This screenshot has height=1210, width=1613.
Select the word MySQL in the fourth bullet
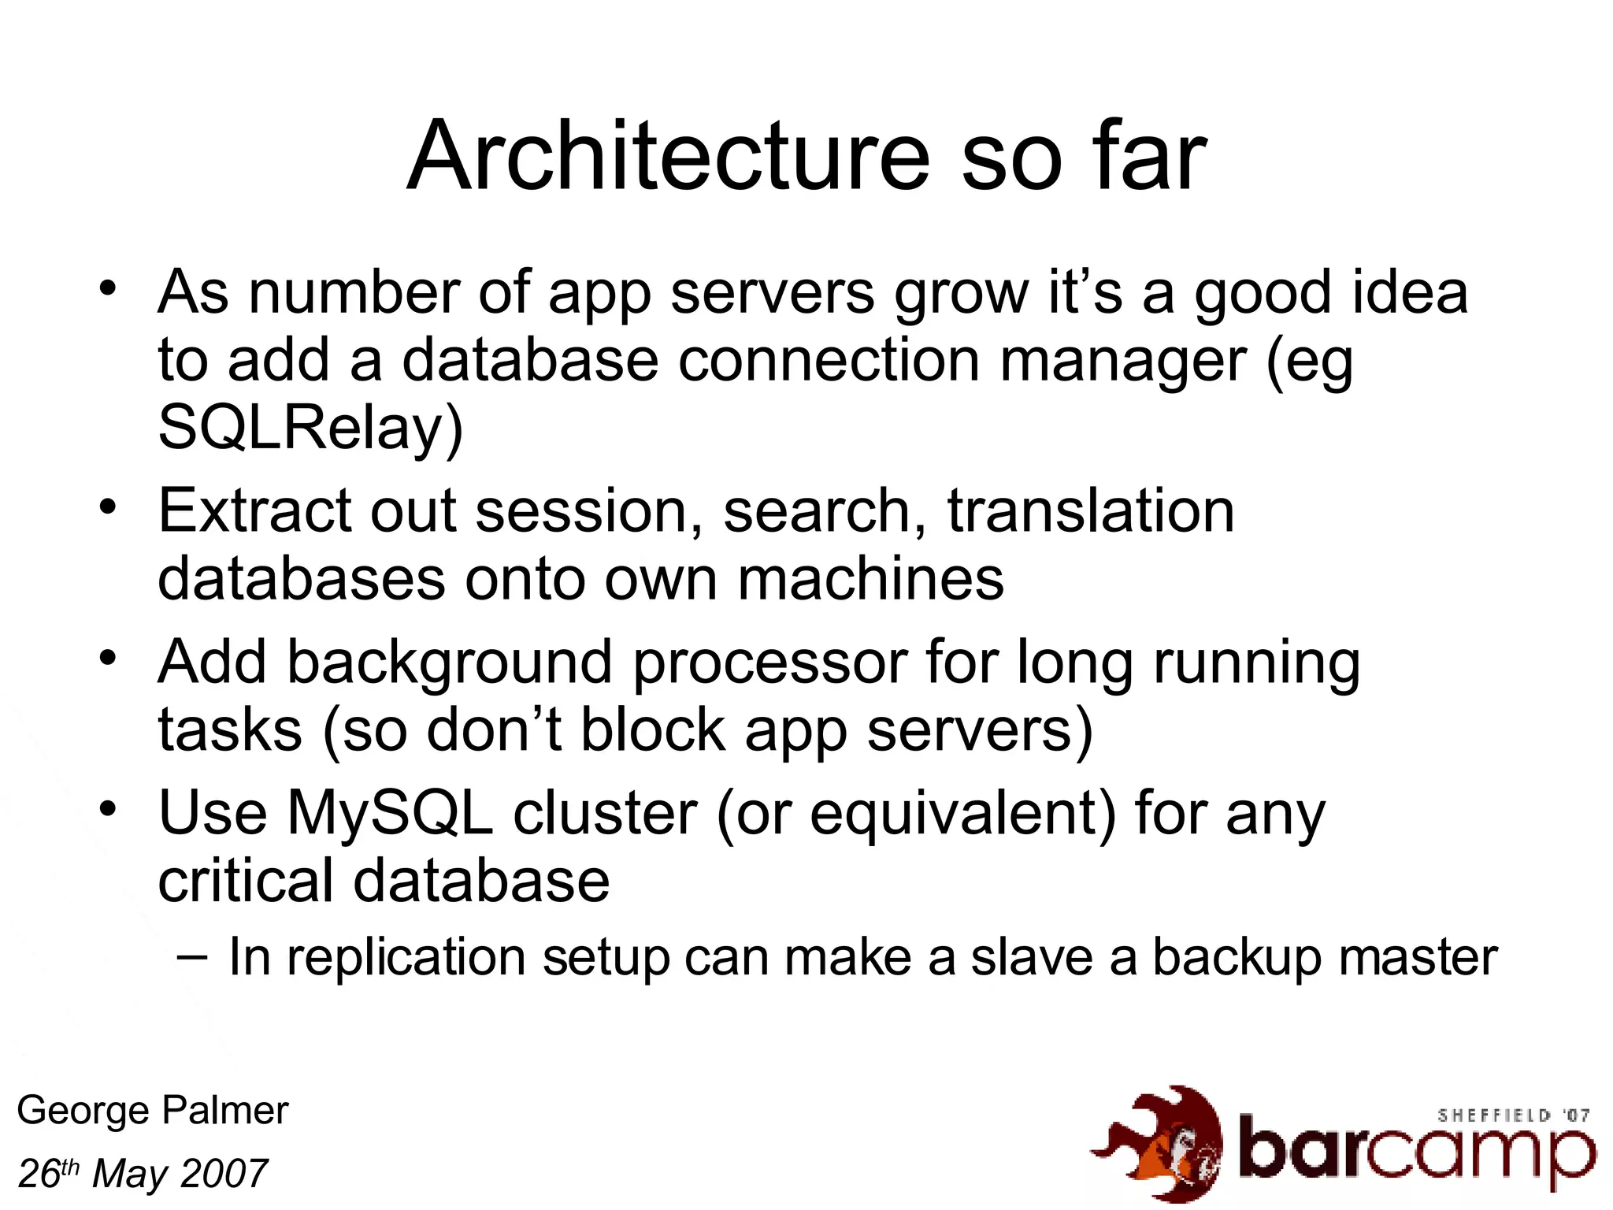tap(389, 814)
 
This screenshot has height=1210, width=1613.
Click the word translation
tap(1091, 512)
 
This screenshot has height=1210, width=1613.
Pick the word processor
tap(770, 663)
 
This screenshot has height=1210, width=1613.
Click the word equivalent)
tap(962, 814)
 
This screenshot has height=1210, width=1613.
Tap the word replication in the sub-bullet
tap(406, 958)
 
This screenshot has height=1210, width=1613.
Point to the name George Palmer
tap(153, 1111)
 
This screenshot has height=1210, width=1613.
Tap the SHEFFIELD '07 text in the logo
tap(1513, 1115)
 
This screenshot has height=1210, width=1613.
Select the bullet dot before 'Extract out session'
tap(109, 504)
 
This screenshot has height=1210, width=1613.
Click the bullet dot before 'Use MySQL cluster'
tap(109, 807)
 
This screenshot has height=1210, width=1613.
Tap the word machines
tap(871, 580)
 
